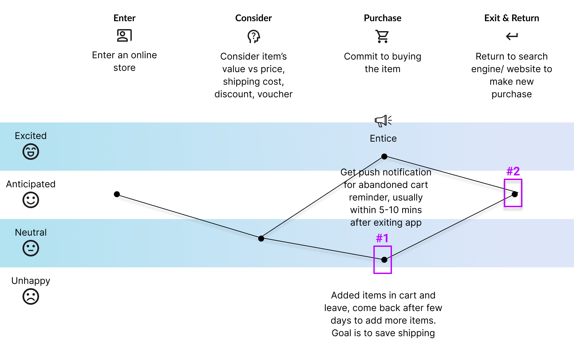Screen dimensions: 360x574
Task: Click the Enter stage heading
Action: click(124, 18)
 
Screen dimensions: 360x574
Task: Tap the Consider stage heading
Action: click(253, 18)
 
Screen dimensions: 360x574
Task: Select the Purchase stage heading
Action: click(382, 18)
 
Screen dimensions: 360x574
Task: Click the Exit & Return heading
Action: click(511, 18)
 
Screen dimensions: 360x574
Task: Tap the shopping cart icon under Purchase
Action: click(382, 36)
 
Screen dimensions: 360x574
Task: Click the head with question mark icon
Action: click(254, 36)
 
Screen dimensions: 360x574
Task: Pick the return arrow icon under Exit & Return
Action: click(512, 36)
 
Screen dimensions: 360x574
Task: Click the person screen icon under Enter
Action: click(124, 35)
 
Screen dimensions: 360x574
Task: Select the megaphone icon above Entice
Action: click(383, 121)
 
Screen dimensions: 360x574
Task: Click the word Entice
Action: click(383, 139)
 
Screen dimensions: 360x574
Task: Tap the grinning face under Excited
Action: click(31, 152)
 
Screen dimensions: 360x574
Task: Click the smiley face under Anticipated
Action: click(31, 200)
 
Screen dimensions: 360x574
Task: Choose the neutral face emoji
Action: click(31, 248)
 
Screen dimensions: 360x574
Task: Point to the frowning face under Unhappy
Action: click(31, 297)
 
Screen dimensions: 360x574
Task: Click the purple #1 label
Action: click(382, 238)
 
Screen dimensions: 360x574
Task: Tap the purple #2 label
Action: click(513, 171)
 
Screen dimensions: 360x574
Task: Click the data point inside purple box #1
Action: click(384, 260)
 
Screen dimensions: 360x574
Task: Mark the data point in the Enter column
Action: click(117, 194)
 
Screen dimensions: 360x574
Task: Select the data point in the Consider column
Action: click(261, 238)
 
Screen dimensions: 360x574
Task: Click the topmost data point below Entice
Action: click(384, 157)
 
